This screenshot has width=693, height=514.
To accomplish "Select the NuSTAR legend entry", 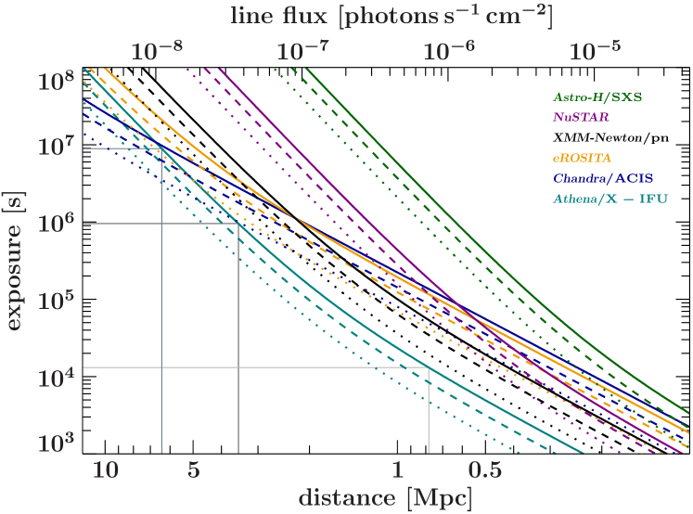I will (581, 117).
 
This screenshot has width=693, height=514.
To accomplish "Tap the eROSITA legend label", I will (583, 158).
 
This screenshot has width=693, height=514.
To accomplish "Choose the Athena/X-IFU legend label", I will (610, 199).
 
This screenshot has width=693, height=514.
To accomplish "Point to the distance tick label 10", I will (106, 469).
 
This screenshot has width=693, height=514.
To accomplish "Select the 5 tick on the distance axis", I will (194, 469).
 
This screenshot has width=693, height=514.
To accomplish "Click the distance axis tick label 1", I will (397, 469).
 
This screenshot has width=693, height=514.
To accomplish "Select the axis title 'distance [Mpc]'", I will (384, 497).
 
